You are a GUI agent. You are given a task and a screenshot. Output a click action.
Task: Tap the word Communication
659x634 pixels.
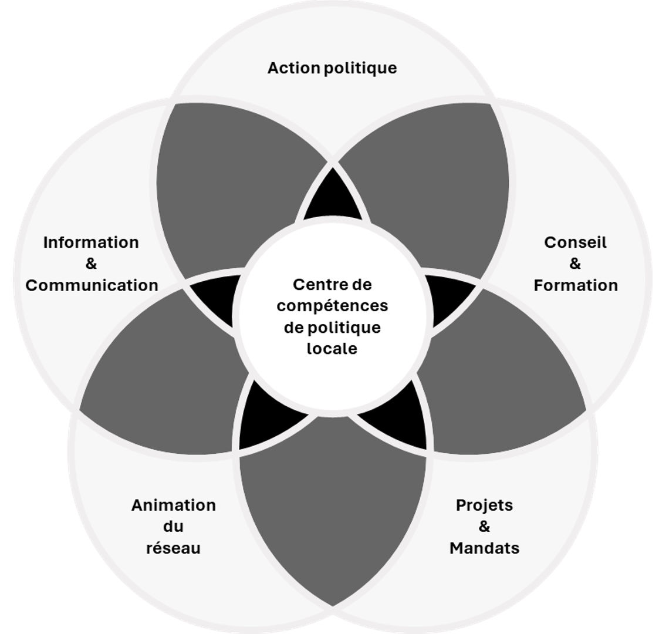click(x=92, y=285)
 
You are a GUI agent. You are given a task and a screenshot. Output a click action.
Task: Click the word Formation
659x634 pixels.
click(x=575, y=285)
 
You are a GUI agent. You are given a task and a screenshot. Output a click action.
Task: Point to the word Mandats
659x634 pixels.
click(x=484, y=548)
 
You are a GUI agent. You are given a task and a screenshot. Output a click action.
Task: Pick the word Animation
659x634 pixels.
click(x=173, y=505)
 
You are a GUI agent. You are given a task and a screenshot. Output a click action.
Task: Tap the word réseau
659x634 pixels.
click(x=173, y=548)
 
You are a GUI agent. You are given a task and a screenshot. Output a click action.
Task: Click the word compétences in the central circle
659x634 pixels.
click(x=332, y=306)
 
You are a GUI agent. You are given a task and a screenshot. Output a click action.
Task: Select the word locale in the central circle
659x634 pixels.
click(x=332, y=349)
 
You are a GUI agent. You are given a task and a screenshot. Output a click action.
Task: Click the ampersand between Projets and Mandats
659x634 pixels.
click(x=484, y=527)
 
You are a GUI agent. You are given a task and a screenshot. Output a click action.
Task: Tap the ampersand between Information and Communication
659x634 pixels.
click(x=91, y=264)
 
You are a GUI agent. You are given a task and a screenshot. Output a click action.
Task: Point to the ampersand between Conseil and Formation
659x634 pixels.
click(x=575, y=264)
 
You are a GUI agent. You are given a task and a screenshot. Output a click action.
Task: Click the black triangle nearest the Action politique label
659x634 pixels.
click(x=332, y=198)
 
